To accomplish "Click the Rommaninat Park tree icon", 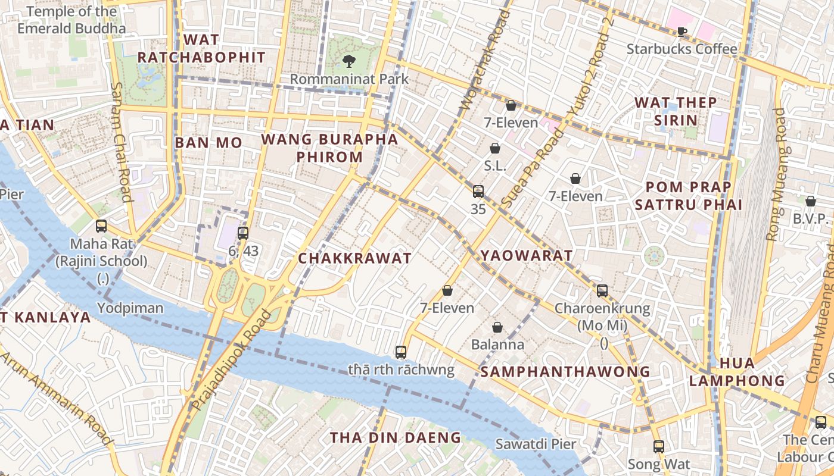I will (x=349, y=61).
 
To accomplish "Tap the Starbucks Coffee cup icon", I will (x=682, y=32).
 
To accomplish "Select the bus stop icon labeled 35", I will (x=478, y=192).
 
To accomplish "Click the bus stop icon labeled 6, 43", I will (x=243, y=233).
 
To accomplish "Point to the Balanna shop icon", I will (x=497, y=327).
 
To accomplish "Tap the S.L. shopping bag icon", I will (x=494, y=148).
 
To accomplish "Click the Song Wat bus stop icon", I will (x=658, y=446).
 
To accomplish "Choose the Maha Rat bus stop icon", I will (x=101, y=226).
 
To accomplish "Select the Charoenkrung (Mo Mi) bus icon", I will (x=602, y=291).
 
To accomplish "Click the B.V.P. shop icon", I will (x=811, y=201).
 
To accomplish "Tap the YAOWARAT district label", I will (x=526, y=256).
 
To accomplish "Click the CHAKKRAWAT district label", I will (x=354, y=258).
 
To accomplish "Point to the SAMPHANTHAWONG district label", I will (x=565, y=372).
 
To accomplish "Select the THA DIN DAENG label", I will (x=396, y=438).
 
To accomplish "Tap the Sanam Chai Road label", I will (x=120, y=143).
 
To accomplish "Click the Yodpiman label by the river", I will (x=130, y=308).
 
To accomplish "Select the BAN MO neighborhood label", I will (x=208, y=143).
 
